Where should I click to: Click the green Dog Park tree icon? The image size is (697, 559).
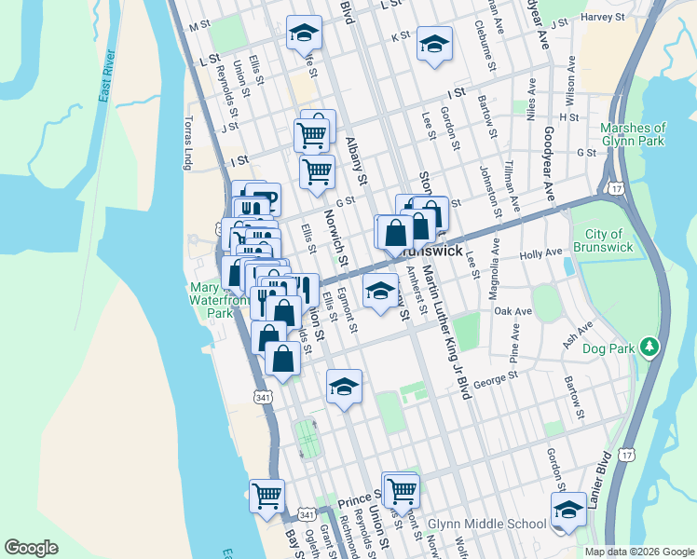650,348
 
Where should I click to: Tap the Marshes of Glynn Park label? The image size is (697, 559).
634,134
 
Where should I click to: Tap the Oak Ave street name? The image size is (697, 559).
512,311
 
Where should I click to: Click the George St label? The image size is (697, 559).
495,380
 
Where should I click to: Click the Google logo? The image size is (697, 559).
32,548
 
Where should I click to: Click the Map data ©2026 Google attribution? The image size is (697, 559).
638,552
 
